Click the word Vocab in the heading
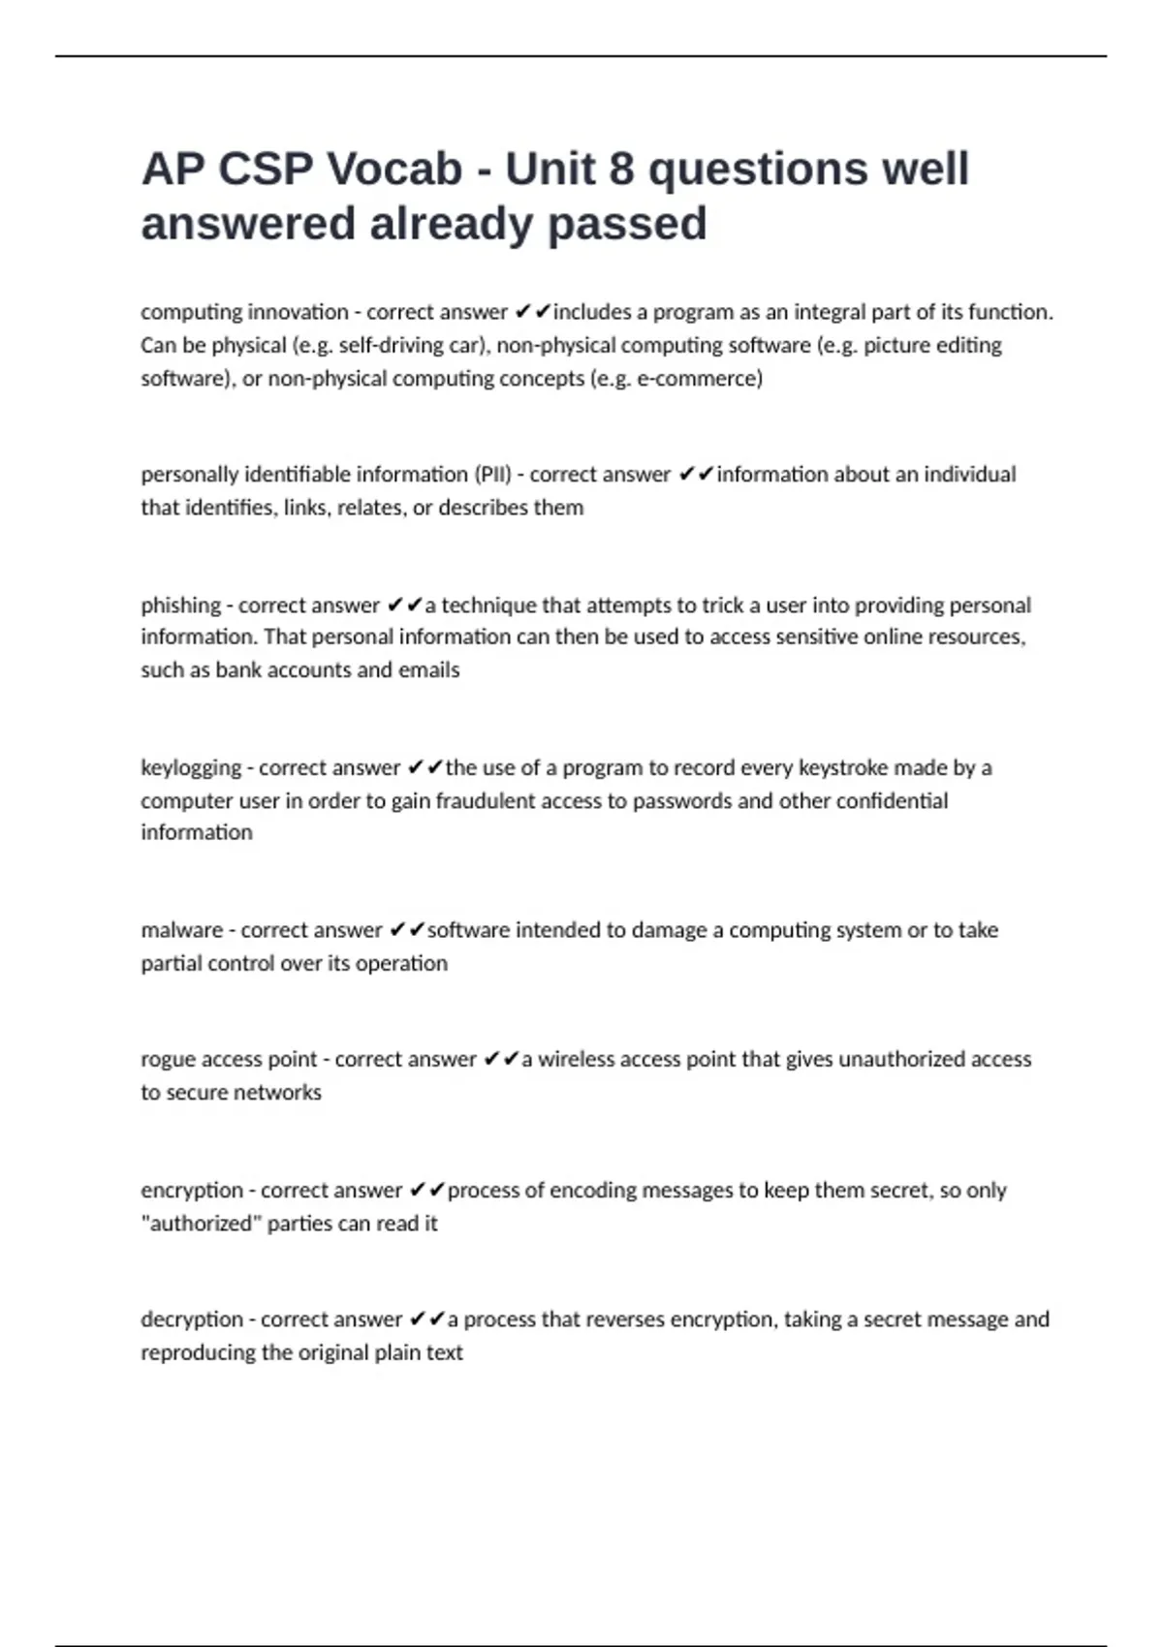tap(395, 170)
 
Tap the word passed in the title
tap(627, 224)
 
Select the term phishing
tap(180, 606)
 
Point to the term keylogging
tap(191, 768)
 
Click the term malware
tap(181, 930)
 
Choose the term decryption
tap(192, 1320)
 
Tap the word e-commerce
tap(697, 379)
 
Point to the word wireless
tap(578, 1060)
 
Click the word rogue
tap(168, 1060)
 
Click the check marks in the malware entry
tap(407, 930)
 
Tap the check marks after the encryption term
tap(426, 1190)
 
